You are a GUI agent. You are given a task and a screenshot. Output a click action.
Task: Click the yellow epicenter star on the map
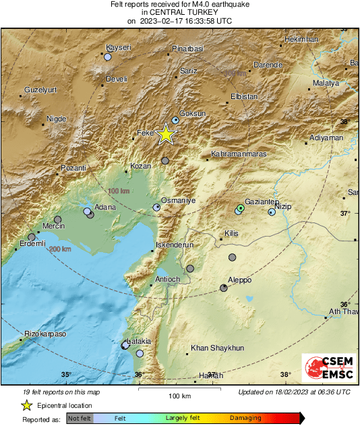pos(166,135)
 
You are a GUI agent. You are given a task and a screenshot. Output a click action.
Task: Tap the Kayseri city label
pos(118,48)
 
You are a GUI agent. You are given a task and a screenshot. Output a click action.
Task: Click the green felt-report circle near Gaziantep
pos(241,208)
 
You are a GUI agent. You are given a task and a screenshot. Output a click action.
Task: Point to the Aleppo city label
pos(239,280)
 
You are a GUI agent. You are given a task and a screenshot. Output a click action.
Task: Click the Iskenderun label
pos(175,245)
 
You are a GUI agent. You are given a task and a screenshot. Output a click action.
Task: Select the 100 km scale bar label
pos(179,396)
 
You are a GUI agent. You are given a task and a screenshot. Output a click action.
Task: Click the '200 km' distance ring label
pos(59,249)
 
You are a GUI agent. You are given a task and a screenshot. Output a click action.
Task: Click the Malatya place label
pos(326,83)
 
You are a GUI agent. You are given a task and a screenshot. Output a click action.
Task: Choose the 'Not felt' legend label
pos(81,419)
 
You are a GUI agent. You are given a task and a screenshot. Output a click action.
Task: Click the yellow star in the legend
pos(26,406)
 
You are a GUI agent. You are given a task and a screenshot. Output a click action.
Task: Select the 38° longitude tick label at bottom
pos(285,375)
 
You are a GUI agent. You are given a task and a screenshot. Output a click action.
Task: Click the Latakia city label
pos(140,342)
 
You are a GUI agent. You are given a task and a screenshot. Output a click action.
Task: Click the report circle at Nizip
pos(272,212)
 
